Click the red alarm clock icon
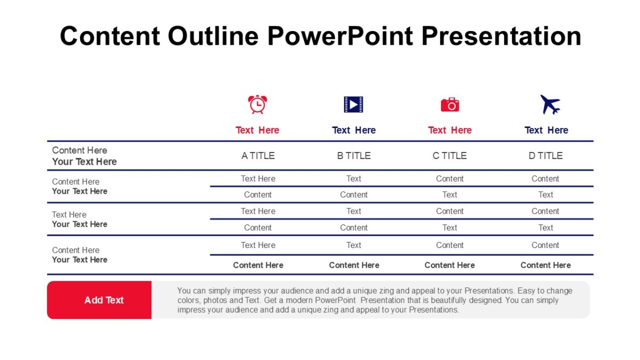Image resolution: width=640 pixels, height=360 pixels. coord(258,105)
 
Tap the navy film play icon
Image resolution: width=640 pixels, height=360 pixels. coord(353,105)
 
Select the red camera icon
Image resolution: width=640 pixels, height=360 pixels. coord(450,105)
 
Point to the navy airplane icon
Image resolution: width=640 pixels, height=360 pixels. coord(550,105)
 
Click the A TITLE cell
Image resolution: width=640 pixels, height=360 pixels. coord(258,156)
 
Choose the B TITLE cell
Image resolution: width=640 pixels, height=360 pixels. coord(354,156)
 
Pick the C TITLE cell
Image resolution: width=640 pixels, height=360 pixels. coord(450,156)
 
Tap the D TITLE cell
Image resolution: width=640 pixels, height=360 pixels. coord(546,156)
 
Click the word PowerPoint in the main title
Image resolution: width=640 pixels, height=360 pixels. coord(340,36)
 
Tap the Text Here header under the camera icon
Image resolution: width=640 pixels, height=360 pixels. coord(450,130)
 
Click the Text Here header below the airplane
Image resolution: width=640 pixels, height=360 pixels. coord(546,130)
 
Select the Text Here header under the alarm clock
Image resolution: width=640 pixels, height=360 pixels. coord(258,130)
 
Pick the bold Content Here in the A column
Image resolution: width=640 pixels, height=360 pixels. coord(258,265)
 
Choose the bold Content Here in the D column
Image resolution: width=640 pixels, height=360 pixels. coord(546,265)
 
